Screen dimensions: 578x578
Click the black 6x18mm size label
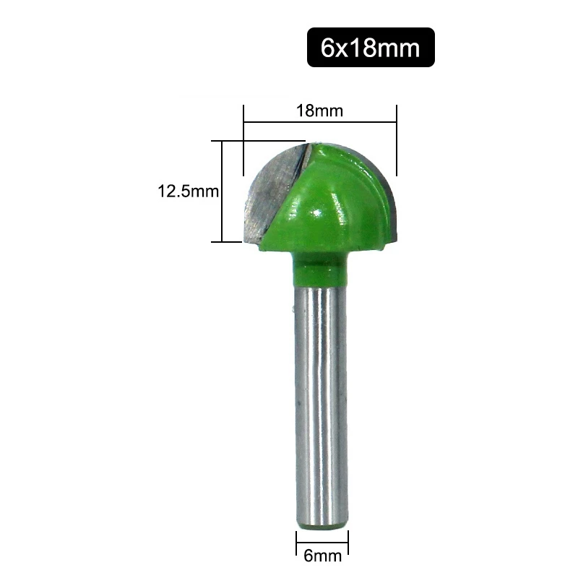371,48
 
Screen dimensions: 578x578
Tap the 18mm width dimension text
319,111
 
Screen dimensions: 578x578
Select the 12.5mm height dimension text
188,192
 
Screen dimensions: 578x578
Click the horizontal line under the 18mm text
320,124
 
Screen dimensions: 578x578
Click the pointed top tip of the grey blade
306,144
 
